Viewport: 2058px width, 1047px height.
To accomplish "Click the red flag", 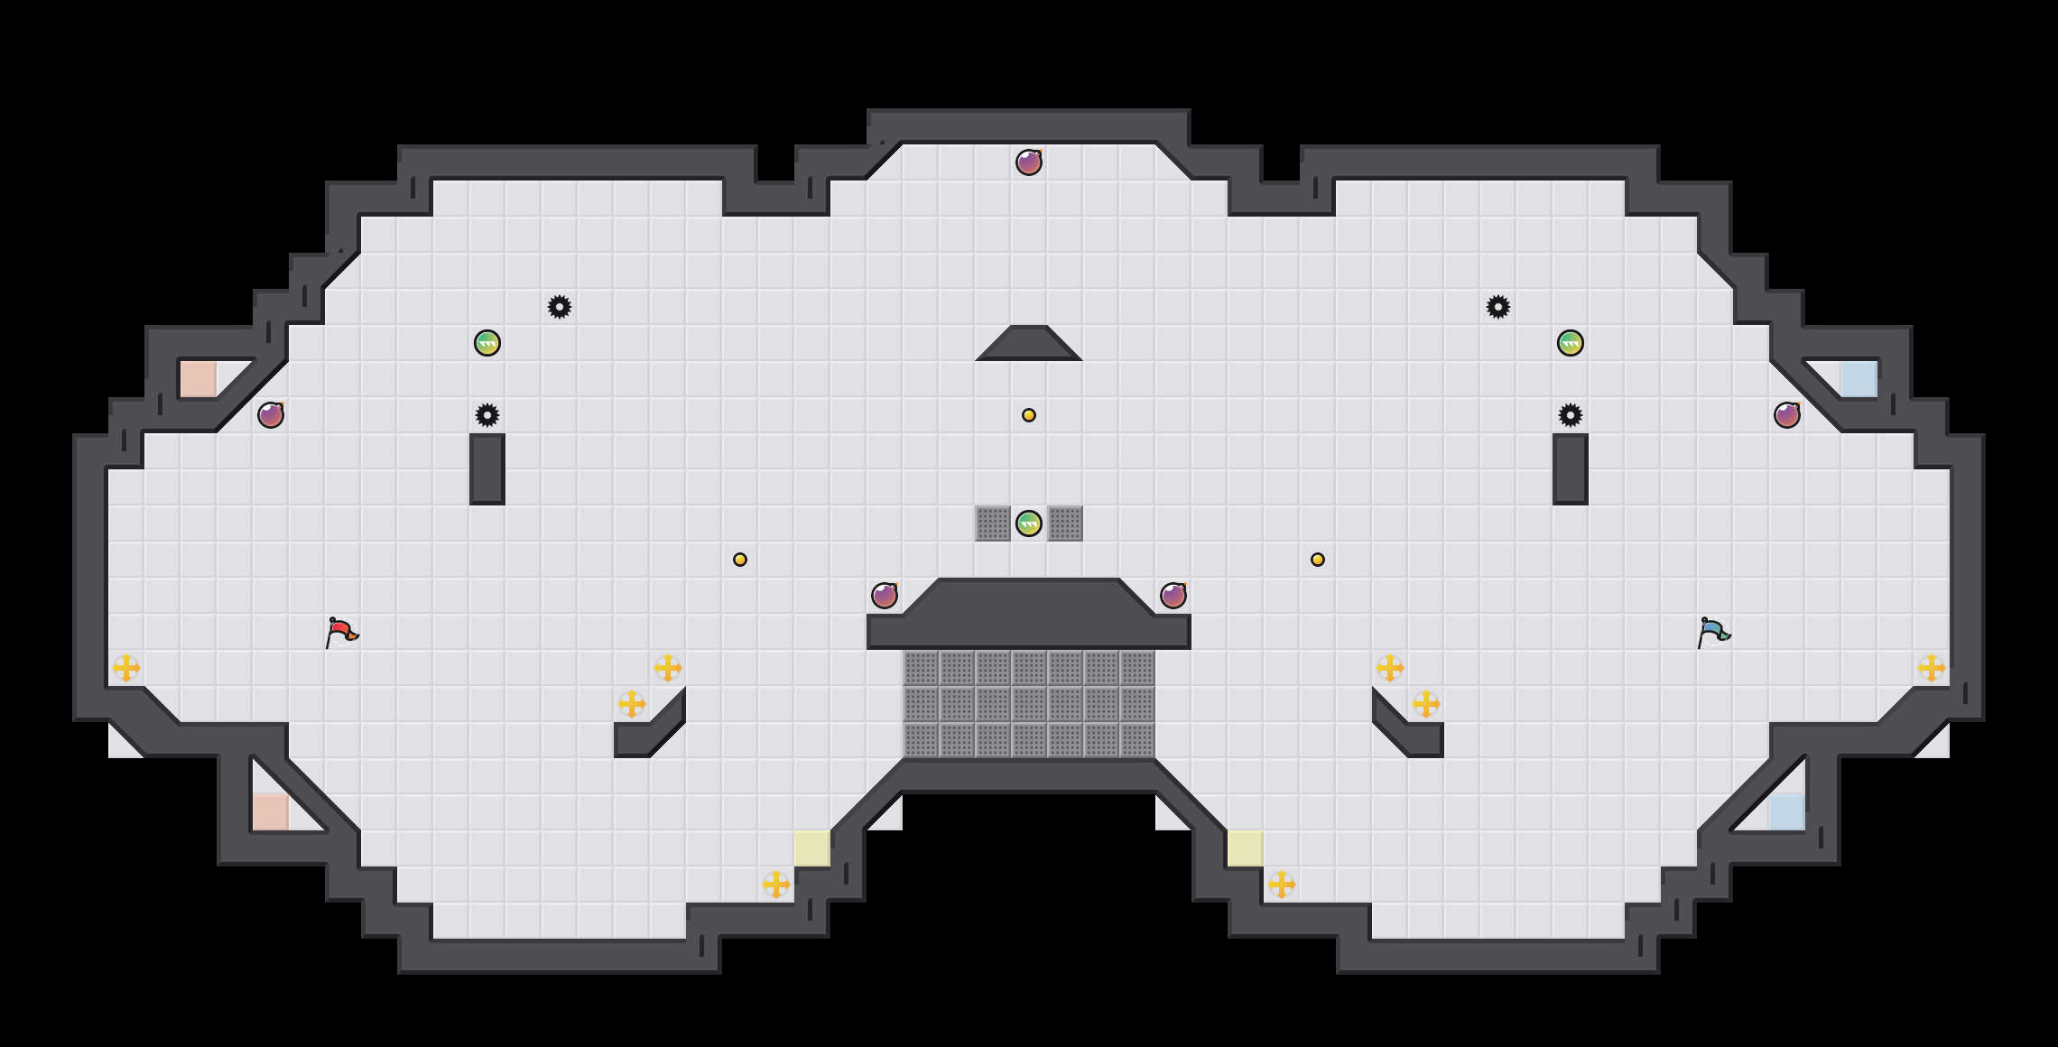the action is (340, 632).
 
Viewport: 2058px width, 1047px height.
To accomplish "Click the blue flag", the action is (1712, 632).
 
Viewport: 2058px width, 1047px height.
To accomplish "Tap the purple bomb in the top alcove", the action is (1029, 162).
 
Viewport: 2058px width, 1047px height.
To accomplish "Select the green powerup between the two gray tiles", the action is (1029, 523).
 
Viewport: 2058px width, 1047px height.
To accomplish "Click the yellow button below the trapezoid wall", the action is (1029, 415).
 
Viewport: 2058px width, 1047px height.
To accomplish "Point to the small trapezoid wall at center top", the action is (1029, 345).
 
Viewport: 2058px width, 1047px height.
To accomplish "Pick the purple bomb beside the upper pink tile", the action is (271, 415).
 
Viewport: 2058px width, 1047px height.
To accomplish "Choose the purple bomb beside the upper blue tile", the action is (1787, 415).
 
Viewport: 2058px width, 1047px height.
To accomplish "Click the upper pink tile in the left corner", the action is (199, 379).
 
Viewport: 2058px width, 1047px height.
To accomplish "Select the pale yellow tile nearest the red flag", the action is (812, 848).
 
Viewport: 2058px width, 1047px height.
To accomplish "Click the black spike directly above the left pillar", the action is (487, 415).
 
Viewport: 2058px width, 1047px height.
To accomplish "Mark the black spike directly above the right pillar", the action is (1571, 415).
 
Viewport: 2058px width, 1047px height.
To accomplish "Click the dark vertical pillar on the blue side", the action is (1571, 469).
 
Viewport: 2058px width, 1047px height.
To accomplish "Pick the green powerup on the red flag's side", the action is (487, 343).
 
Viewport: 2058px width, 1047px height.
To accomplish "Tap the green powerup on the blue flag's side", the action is (1571, 343).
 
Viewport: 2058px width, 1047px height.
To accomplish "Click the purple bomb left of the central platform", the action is (885, 596).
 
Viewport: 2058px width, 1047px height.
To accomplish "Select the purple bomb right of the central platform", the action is (1173, 596).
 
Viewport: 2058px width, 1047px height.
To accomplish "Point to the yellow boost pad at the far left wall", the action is (126, 668).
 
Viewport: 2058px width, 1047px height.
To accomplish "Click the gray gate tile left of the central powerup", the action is (993, 523).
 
